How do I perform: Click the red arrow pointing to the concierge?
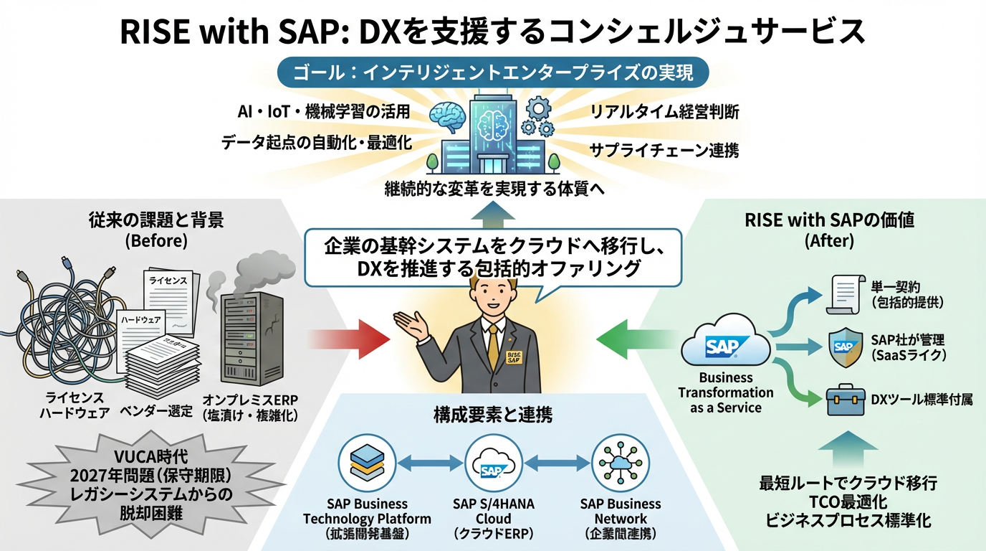347,334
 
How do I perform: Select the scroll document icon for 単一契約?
843,293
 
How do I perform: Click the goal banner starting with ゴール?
493,73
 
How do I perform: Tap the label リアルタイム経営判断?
664,112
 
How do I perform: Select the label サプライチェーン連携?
664,150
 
